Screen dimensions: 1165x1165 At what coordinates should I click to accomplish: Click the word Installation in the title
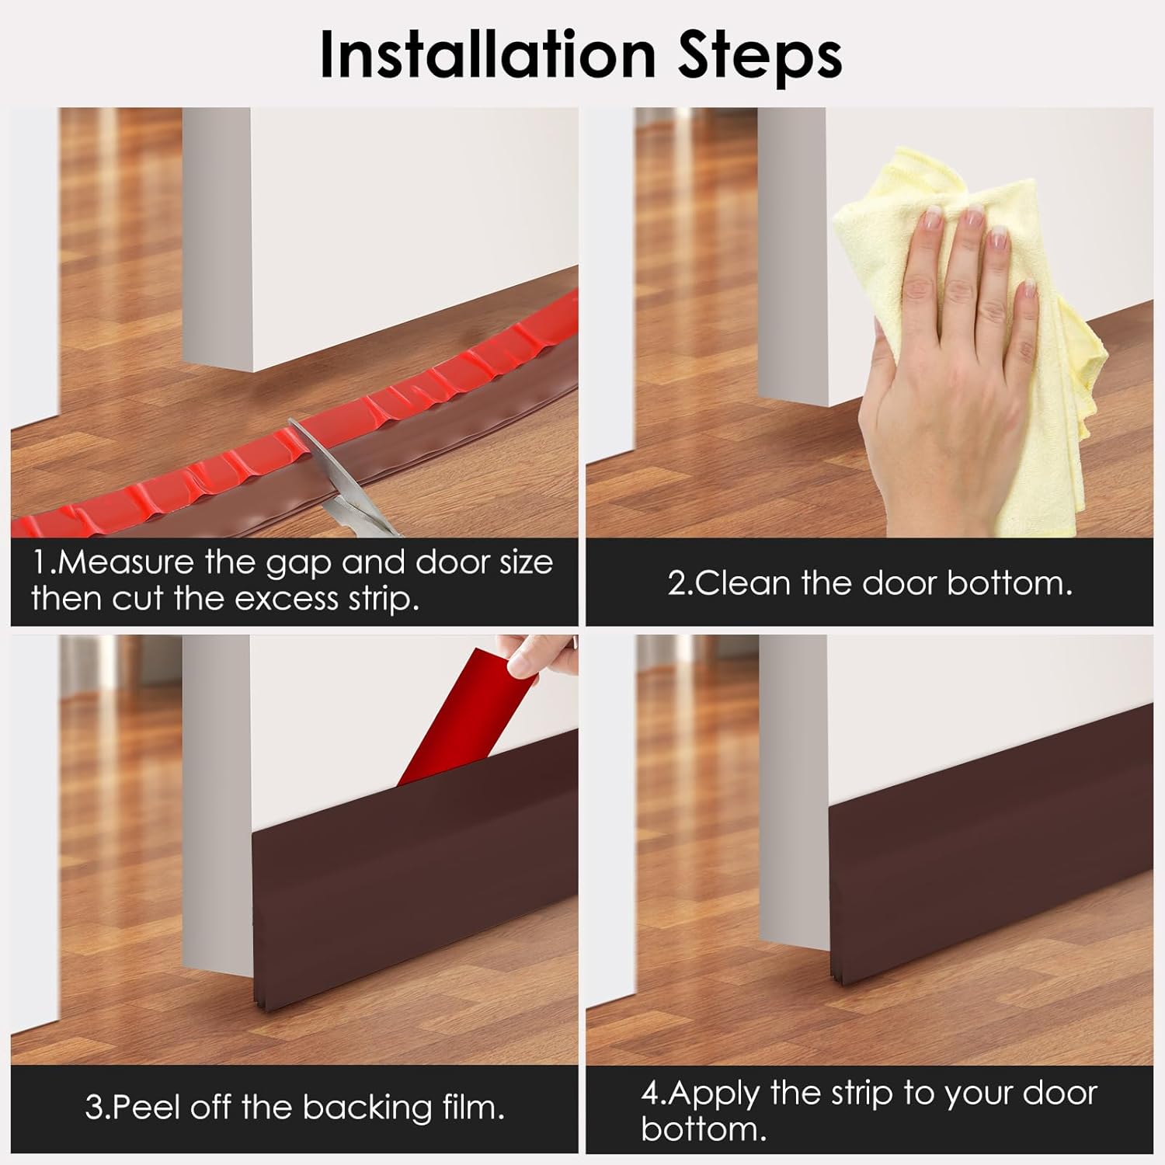coord(494,54)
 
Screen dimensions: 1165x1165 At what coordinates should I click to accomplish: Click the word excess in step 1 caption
coord(287,599)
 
